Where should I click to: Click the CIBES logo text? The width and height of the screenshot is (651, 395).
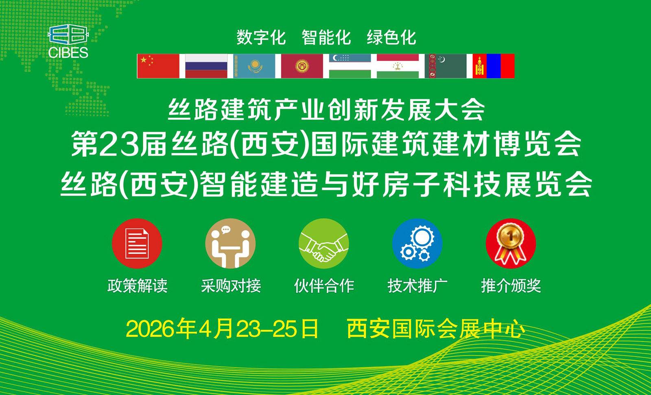pyautogui.click(x=68, y=53)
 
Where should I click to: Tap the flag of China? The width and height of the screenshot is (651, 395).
pyautogui.click(x=158, y=66)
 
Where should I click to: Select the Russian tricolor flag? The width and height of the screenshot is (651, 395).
pyautogui.click(x=206, y=66)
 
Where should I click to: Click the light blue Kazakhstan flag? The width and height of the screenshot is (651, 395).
pyautogui.click(x=254, y=66)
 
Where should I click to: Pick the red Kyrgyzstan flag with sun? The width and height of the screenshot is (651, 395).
pyautogui.click(x=302, y=66)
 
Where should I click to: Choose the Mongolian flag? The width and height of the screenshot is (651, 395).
pyautogui.click(x=494, y=66)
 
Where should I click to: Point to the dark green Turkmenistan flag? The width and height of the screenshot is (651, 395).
pyautogui.click(x=446, y=66)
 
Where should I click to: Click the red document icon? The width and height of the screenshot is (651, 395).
pyautogui.click(x=137, y=244)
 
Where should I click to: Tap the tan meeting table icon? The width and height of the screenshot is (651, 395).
pyautogui.click(x=230, y=244)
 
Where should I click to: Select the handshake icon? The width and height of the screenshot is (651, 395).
pyautogui.click(x=324, y=244)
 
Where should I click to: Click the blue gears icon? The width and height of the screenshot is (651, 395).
pyautogui.click(x=417, y=244)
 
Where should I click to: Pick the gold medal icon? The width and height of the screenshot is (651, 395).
pyautogui.click(x=511, y=244)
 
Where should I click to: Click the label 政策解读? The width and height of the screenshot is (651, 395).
pyautogui.click(x=138, y=285)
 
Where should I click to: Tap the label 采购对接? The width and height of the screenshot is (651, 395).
pyautogui.click(x=231, y=285)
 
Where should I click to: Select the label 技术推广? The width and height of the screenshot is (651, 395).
pyautogui.click(x=417, y=285)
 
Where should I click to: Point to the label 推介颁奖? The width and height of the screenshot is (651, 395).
pyautogui.click(x=511, y=285)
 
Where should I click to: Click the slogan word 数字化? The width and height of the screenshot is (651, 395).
pyautogui.click(x=261, y=37)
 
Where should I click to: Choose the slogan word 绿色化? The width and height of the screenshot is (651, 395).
pyautogui.click(x=391, y=37)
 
